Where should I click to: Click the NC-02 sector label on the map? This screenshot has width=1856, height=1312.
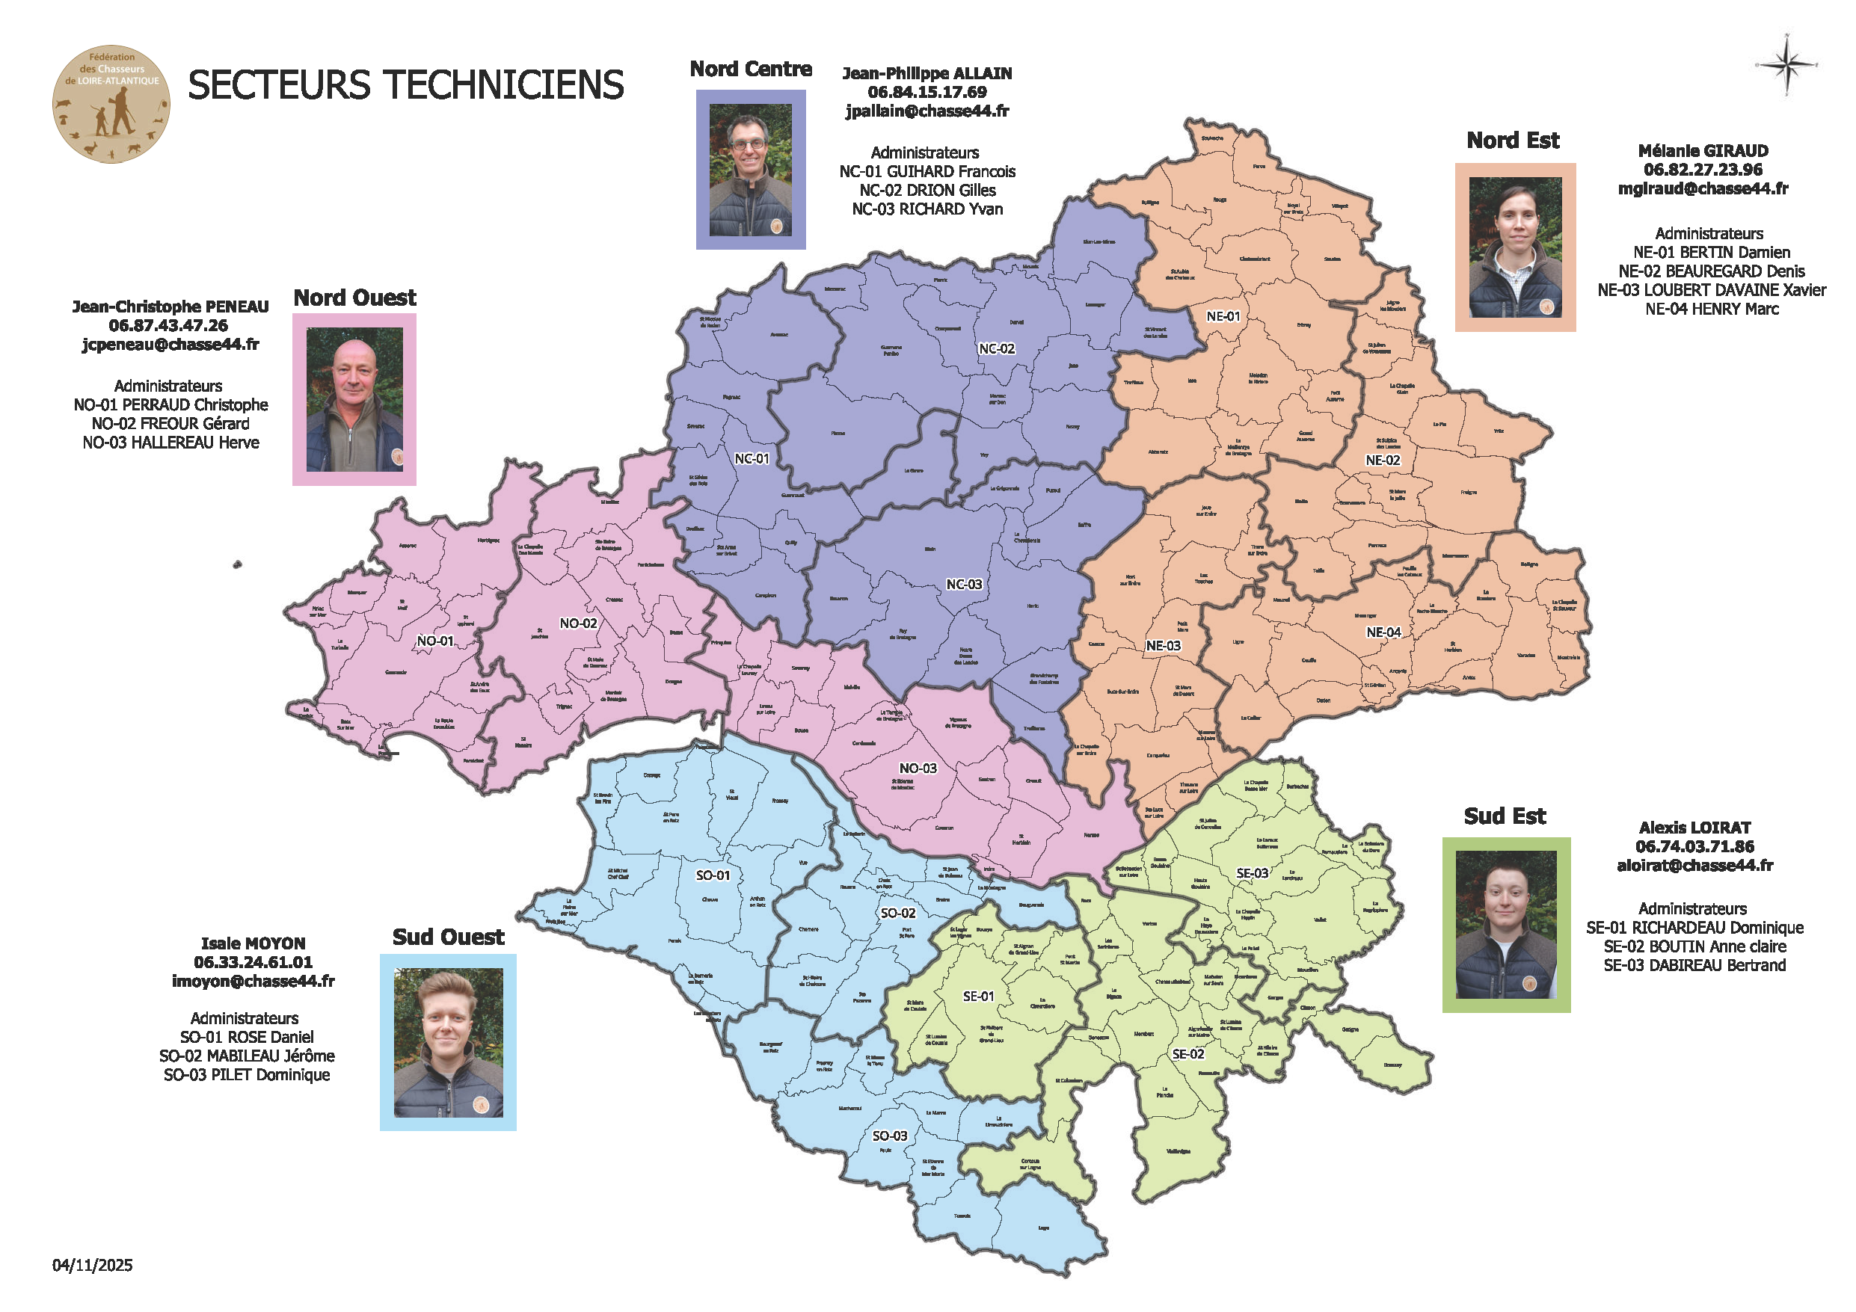click(996, 348)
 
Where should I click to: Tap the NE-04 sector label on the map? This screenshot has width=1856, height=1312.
click(1383, 632)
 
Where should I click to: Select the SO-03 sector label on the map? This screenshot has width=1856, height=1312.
click(889, 1136)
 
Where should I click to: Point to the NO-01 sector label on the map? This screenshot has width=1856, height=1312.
click(435, 641)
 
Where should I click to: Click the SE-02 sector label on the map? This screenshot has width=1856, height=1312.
click(1187, 1054)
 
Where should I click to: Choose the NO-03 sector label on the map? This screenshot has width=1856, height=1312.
click(918, 768)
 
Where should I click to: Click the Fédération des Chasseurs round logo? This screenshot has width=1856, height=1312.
click(111, 104)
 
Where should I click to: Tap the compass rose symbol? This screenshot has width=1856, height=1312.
click(1786, 65)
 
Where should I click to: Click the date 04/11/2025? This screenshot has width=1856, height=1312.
click(92, 1265)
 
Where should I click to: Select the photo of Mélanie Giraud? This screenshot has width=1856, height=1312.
click(1515, 247)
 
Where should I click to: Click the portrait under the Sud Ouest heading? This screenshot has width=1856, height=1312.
click(448, 1042)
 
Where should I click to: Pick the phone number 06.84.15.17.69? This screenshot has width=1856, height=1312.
click(927, 92)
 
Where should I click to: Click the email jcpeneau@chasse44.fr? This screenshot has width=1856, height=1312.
click(170, 345)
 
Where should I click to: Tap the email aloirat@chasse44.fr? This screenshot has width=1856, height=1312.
click(1694, 865)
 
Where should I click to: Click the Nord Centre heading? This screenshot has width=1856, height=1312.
click(750, 70)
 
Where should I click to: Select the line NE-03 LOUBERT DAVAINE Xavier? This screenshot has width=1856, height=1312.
click(1711, 290)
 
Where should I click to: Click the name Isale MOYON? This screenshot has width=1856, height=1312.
click(253, 943)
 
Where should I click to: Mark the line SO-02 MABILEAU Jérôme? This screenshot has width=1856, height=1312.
click(247, 1056)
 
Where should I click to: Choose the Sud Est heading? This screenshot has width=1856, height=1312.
click(1505, 816)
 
